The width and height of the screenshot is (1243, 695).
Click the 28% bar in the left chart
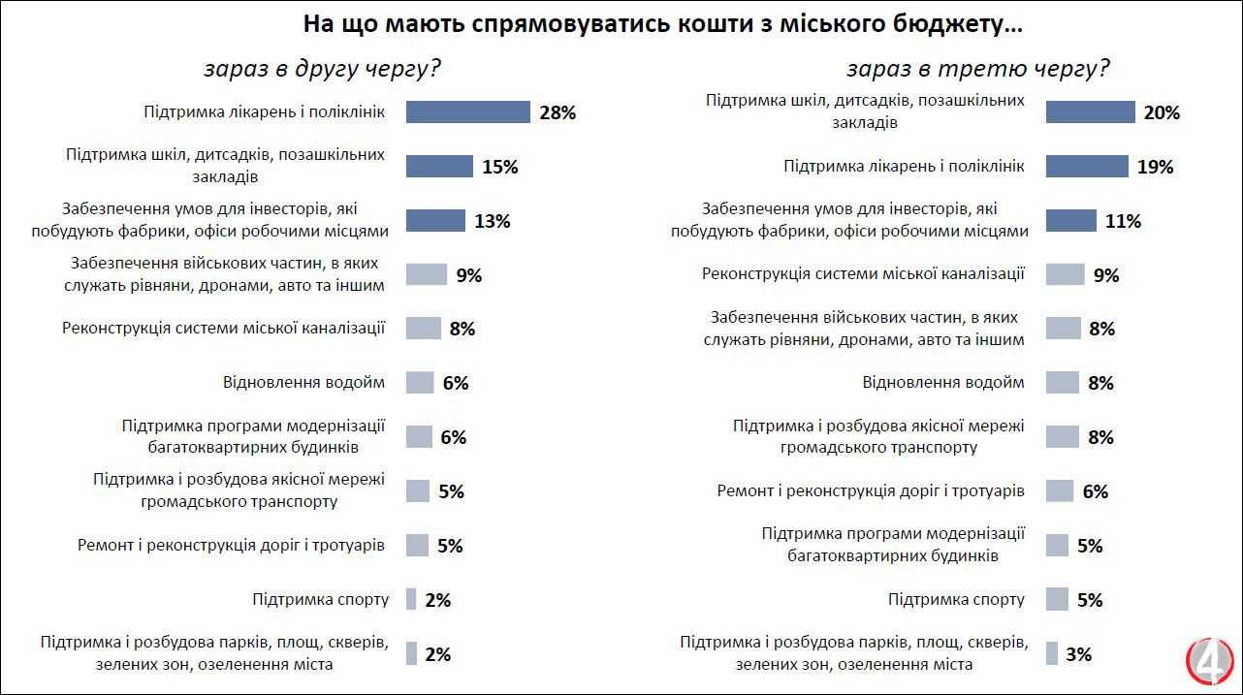point(467,112)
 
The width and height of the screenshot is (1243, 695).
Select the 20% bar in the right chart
point(1090,112)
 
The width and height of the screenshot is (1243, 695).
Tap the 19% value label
point(1155,167)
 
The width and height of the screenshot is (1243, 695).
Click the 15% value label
point(500,167)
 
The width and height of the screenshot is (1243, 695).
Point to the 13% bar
point(436,221)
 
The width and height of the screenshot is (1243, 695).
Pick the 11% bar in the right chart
point(1070,221)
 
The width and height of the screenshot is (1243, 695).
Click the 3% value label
point(1078,654)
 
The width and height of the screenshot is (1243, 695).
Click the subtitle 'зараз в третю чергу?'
point(978,70)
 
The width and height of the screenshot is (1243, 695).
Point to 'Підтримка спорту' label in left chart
point(320,599)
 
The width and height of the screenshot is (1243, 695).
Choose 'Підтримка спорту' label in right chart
point(956,599)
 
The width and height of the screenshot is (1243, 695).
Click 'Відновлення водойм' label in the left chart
point(303,382)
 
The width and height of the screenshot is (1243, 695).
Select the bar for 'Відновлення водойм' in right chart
point(1063,383)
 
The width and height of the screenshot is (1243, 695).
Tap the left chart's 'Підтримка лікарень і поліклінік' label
point(265,112)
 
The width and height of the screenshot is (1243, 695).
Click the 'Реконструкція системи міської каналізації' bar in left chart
point(423,329)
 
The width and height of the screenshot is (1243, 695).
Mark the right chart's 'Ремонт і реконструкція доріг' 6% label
point(1096,491)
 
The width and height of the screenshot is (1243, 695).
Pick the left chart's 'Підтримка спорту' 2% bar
point(411,600)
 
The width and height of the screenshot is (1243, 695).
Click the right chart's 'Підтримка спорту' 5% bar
point(1057,600)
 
